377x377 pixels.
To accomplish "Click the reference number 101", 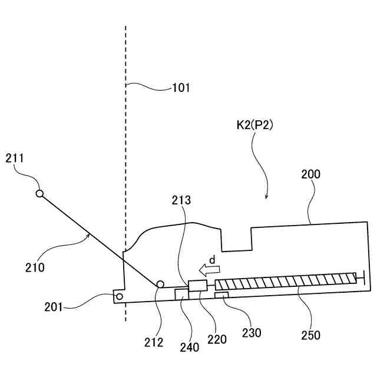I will [x=181, y=88].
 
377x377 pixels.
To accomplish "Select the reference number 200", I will [x=310, y=175].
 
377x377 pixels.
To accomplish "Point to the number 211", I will [x=15, y=157].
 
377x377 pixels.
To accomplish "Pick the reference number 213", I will [x=182, y=200].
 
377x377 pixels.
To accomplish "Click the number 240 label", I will [x=190, y=347].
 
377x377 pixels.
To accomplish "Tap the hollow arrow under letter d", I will [x=209, y=270].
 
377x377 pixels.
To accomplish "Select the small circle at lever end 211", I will [x=39, y=193].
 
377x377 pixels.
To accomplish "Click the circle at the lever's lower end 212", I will [x=160, y=285].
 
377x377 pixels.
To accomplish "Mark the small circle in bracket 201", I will [x=119, y=296].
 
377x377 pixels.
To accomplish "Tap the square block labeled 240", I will [x=181, y=294].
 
